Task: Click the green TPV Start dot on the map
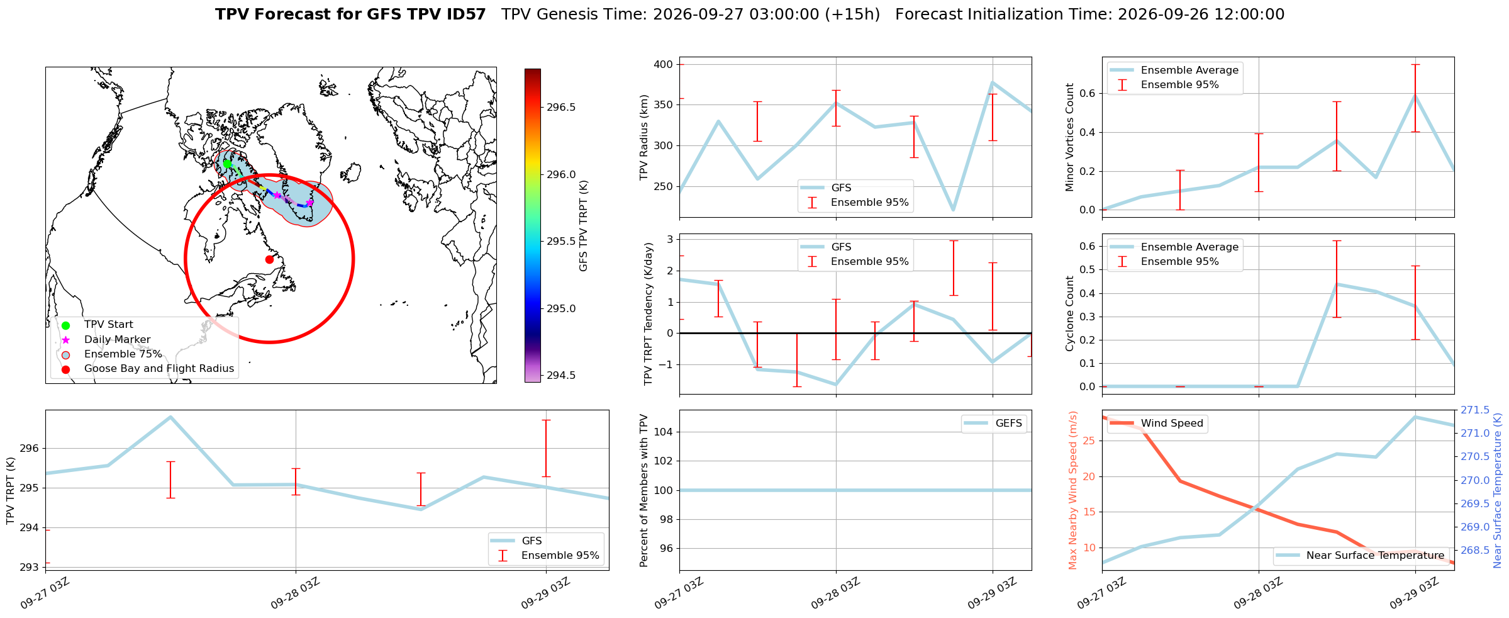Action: pyautogui.click(x=227, y=164)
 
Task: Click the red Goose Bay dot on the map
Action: pyautogui.click(x=269, y=259)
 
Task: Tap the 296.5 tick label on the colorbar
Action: pyautogui.click(x=561, y=108)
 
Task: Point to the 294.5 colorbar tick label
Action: pyautogui.click(x=561, y=376)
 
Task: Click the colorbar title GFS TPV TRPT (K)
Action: pyautogui.click(x=584, y=226)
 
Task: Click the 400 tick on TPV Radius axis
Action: pyautogui.click(x=664, y=65)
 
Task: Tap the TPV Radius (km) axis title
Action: pyautogui.click(x=644, y=137)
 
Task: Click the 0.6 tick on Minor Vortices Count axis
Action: pyautogui.click(x=1088, y=94)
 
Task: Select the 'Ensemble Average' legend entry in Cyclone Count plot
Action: pyautogui.click(x=1189, y=247)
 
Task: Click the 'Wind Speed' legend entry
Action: pyautogui.click(x=1172, y=424)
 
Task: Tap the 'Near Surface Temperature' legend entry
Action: pyautogui.click(x=1375, y=556)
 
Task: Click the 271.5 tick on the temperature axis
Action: pyautogui.click(x=1475, y=410)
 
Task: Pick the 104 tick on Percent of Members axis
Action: pyautogui.click(x=664, y=432)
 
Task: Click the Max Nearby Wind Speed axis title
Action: pyautogui.click(x=1072, y=490)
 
